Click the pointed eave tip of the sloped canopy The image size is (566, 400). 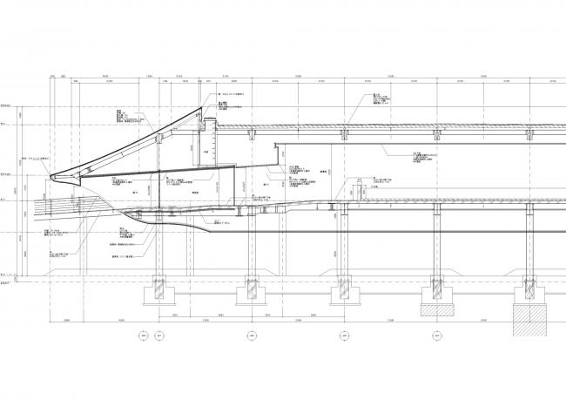(x=54, y=177)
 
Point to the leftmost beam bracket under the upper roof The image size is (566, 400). (x=253, y=137)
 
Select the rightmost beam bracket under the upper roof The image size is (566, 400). (x=528, y=137)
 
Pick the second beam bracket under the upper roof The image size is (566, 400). (x=344, y=137)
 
